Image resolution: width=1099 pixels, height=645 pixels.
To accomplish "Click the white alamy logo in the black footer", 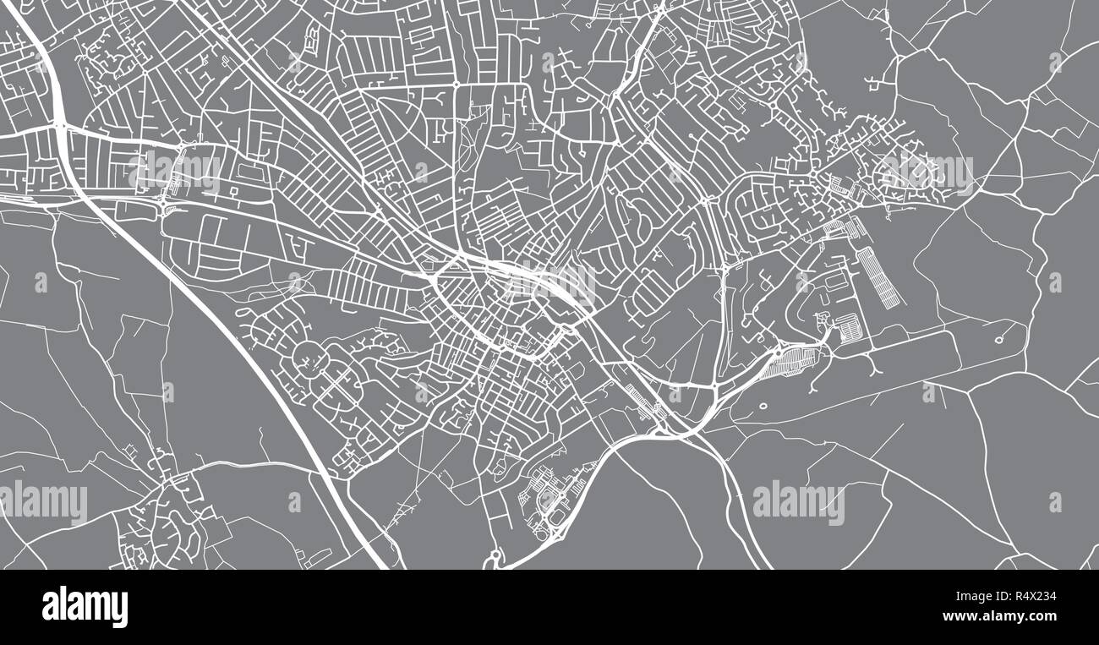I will coord(85,606).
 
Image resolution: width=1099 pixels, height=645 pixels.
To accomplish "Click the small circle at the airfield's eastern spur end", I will coord(999,340).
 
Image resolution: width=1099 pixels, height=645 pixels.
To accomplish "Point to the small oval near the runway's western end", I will coord(763,406).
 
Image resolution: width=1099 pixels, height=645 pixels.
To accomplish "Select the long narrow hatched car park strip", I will coord(875,277).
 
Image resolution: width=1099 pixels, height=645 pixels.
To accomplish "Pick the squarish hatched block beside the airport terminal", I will coord(846,325).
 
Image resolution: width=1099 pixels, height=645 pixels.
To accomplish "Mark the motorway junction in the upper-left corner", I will coord(60,126).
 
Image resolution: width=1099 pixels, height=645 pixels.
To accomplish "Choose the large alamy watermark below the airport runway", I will coord(798,502).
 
